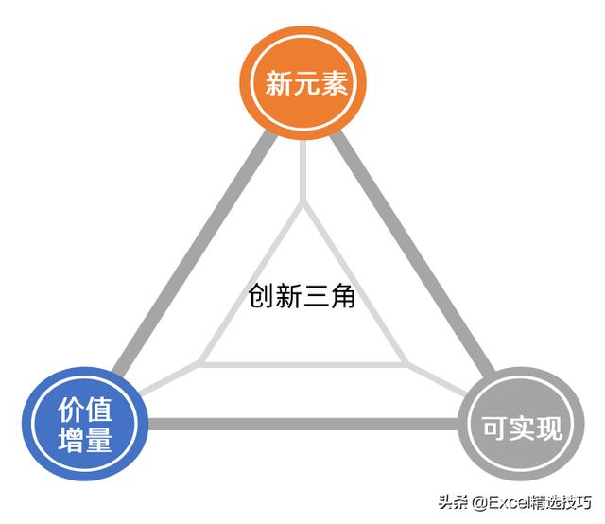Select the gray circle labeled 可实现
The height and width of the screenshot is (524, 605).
(522, 428)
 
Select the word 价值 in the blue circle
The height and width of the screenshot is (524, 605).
(85, 409)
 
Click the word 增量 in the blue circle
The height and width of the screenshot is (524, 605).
(85, 440)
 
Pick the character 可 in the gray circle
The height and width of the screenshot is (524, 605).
(494, 429)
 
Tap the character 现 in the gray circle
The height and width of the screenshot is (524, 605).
(549, 429)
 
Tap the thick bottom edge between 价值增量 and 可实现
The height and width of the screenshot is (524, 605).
(302, 424)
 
